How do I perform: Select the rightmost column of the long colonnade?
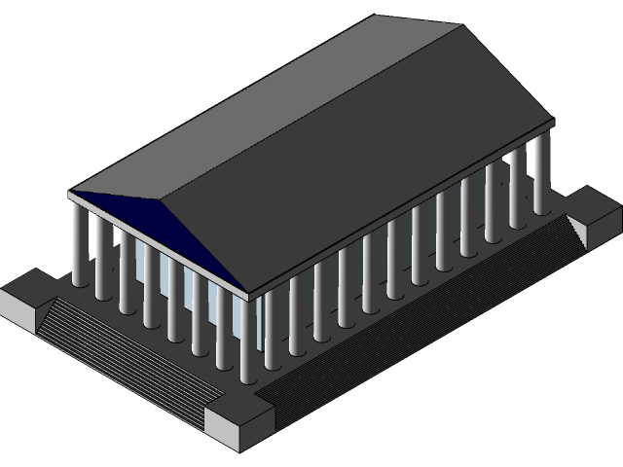pos(542,175)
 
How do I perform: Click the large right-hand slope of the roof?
pos(341,165)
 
